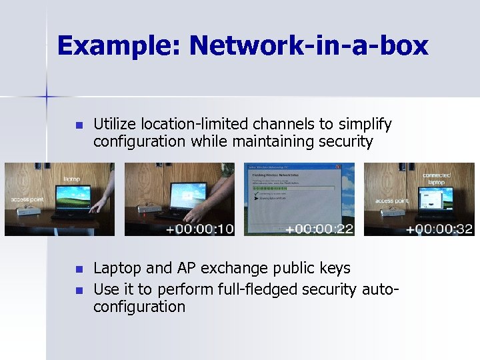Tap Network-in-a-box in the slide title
click(x=309, y=46)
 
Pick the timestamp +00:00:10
click(x=199, y=229)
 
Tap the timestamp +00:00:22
click(x=319, y=229)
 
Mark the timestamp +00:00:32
click(x=440, y=229)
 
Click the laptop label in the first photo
click(x=71, y=179)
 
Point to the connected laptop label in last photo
click(x=436, y=179)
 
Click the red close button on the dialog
click(x=337, y=167)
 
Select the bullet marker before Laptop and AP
click(x=78, y=269)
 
